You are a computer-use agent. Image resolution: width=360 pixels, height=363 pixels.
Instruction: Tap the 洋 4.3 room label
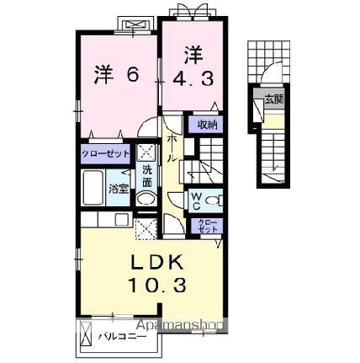[x=193, y=67]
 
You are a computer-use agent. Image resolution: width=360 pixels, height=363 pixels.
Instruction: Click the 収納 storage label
[x=207, y=124]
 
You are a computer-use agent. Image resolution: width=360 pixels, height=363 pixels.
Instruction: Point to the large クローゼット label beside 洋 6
[x=105, y=153]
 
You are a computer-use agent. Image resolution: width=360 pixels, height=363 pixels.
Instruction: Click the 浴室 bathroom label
[x=119, y=190]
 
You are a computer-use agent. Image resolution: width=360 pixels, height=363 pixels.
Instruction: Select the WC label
[x=195, y=200]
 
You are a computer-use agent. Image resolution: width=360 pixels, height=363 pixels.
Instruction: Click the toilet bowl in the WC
[x=212, y=200]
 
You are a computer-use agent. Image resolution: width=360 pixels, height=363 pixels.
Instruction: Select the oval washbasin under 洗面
[x=146, y=200]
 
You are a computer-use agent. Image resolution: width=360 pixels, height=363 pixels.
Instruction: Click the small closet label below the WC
[x=207, y=226]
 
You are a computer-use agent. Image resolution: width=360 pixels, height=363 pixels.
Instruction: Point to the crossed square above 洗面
[x=146, y=152]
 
